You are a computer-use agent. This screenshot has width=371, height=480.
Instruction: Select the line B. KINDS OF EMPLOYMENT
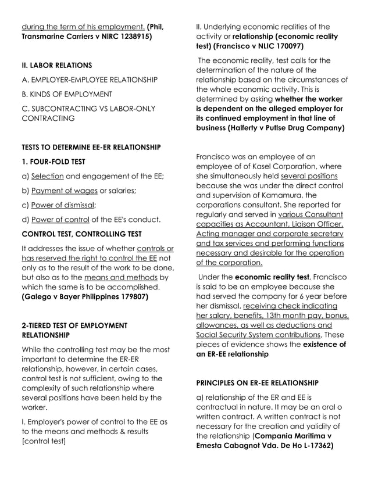point(67,94)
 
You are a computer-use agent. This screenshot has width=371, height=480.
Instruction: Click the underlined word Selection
point(47,176)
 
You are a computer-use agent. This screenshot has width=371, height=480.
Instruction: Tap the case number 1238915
point(133,36)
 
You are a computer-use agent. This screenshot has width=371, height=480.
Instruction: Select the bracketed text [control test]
point(44,441)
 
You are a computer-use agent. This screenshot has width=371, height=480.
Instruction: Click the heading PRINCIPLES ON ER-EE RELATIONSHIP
point(257,383)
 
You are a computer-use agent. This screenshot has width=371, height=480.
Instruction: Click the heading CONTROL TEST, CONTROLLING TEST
point(81,234)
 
